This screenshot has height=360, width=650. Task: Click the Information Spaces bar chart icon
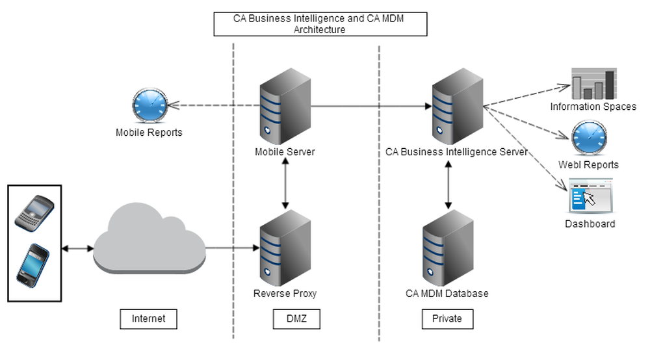tap(593, 83)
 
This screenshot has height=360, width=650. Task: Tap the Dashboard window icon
tap(589, 197)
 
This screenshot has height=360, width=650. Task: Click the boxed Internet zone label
tap(148, 318)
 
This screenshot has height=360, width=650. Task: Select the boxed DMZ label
tap(296, 318)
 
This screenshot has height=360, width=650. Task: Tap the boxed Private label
tap(447, 318)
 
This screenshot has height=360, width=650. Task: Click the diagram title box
tap(320, 24)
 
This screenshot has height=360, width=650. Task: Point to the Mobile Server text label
tap(285, 152)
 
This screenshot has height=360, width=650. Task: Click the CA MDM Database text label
tap(447, 294)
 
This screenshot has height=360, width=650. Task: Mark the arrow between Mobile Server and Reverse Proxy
tap(285, 184)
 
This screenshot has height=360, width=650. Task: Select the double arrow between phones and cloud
tap(77, 248)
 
